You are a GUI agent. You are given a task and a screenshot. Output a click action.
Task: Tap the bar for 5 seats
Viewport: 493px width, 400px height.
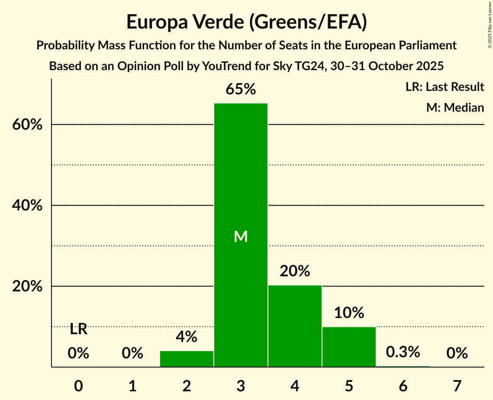click(x=349, y=347)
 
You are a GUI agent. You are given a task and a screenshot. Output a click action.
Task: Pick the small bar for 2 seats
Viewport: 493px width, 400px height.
click(x=187, y=359)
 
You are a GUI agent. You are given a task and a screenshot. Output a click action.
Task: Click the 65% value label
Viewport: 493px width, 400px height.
click(x=241, y=90)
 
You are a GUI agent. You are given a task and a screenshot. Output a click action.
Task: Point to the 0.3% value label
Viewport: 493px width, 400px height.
click(x=403, y=352)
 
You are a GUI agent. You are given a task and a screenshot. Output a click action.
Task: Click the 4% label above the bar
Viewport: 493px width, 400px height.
click(x=187, y=336)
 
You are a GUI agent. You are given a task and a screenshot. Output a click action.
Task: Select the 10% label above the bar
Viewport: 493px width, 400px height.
click(x=349, y=313)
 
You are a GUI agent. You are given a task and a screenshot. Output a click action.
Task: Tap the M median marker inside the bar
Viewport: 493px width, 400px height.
click(x=241, y=236)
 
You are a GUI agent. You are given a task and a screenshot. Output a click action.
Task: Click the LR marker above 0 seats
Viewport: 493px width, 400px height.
click(x=78, y=329)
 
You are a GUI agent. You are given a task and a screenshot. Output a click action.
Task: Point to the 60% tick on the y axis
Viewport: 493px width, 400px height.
click(x=26, y=125)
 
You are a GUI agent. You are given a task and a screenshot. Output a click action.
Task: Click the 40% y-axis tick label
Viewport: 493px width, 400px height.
click(x=26, y=206)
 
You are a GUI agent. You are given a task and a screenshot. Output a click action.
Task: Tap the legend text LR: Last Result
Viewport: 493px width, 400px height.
click(x=445, y=87)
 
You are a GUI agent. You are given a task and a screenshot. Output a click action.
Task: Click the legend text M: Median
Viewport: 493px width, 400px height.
click(x=455, y=107)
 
